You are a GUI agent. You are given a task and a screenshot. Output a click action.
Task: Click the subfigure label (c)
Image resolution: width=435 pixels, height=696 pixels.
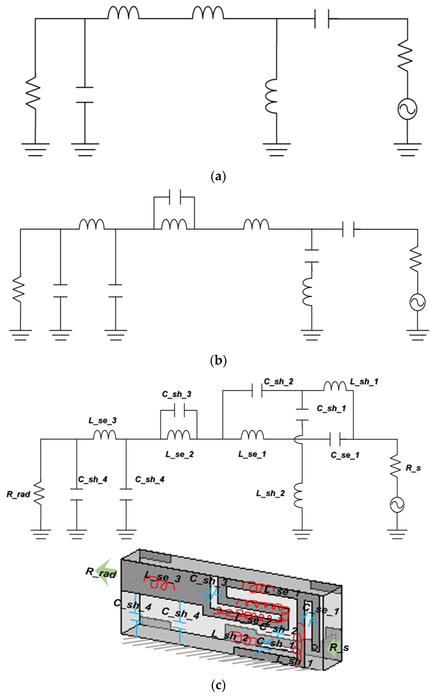(218, 685)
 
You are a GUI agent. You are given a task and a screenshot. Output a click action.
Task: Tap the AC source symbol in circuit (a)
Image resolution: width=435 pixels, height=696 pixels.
(407, 109)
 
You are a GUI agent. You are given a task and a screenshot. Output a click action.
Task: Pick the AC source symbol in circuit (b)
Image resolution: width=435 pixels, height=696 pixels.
(417, 302)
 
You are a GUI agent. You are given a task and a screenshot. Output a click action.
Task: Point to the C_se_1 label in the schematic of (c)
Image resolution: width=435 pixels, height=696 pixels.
(345, 455)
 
